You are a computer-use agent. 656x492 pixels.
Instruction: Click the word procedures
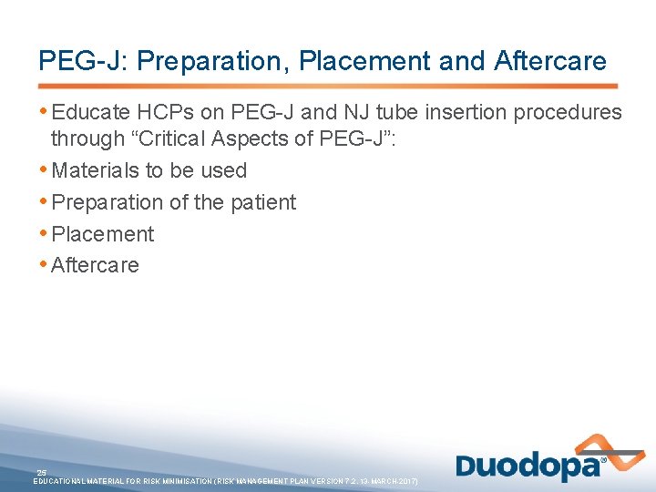point(569,112)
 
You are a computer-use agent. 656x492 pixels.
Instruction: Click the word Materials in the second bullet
point(96,170)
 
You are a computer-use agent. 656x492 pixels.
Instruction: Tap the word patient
point(263,202)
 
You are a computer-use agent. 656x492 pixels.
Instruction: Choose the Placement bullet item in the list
point(103,234)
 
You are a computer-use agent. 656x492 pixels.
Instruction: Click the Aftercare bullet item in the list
point(96,265)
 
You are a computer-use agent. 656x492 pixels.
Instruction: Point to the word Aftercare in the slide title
point(550,61)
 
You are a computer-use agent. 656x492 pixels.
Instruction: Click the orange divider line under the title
point(328,86)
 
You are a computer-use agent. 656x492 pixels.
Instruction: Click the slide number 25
point(42,471)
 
